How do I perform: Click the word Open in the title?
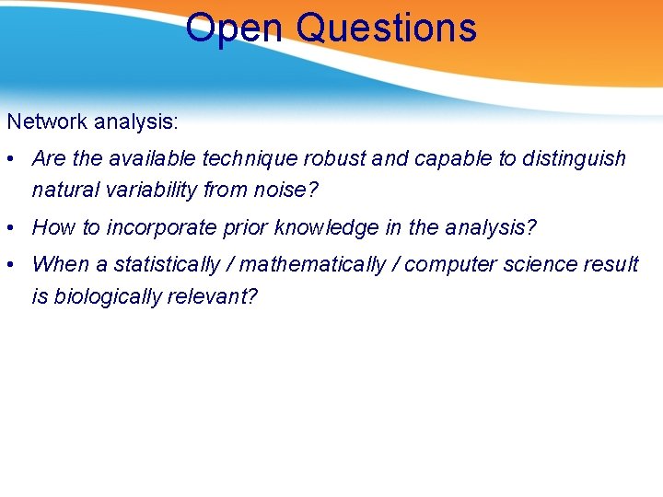click(236, 28)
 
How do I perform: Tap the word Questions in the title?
click(387, 28)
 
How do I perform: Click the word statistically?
click(167, 265)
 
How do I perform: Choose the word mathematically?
click(314, 265)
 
